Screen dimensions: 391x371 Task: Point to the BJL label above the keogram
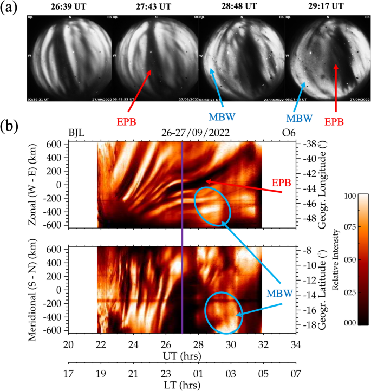click(77, 132)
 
